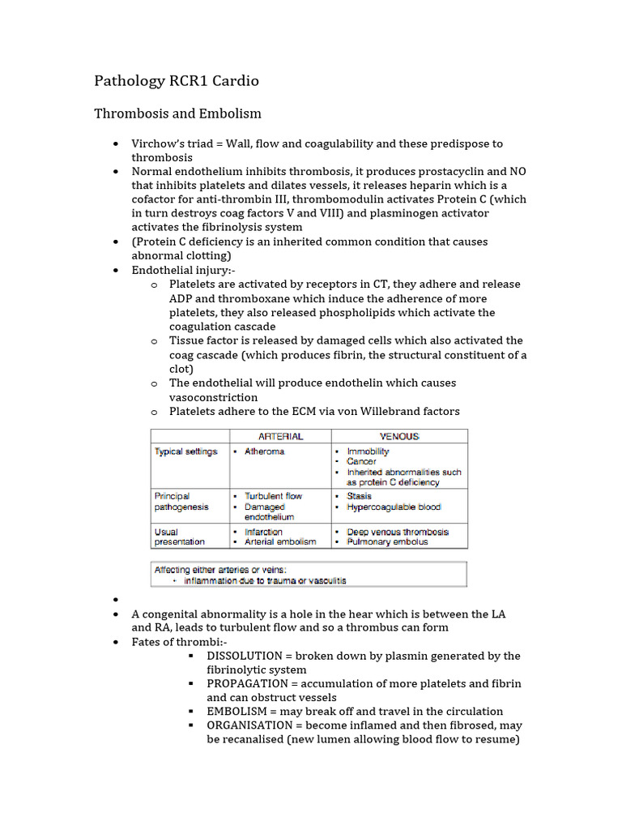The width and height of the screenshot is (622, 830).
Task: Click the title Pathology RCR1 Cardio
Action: (x=177, y=81)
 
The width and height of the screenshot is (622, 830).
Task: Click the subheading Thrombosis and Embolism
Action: (x=177, y=113)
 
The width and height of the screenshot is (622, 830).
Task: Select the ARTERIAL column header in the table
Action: (x=280, y=436)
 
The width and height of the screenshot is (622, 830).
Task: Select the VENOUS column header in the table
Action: (x=399, y=436)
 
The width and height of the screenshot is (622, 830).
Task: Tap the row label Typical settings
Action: (x=186, y=451)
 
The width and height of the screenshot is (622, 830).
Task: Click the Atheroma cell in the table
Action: (x=264, y=451)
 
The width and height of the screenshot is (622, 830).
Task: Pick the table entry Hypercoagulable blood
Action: (x=394, y=507)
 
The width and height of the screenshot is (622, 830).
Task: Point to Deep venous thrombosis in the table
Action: (x=397, y=532)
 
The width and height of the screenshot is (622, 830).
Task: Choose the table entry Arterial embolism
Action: (x=280, y=541)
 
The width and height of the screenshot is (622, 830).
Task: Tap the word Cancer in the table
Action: (x=361, y=461)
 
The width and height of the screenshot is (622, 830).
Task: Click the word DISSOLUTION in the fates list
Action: (x=249, y=656)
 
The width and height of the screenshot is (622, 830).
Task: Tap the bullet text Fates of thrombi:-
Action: (x=180, y=642)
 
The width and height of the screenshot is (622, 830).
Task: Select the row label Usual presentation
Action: (x=180, y=537)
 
